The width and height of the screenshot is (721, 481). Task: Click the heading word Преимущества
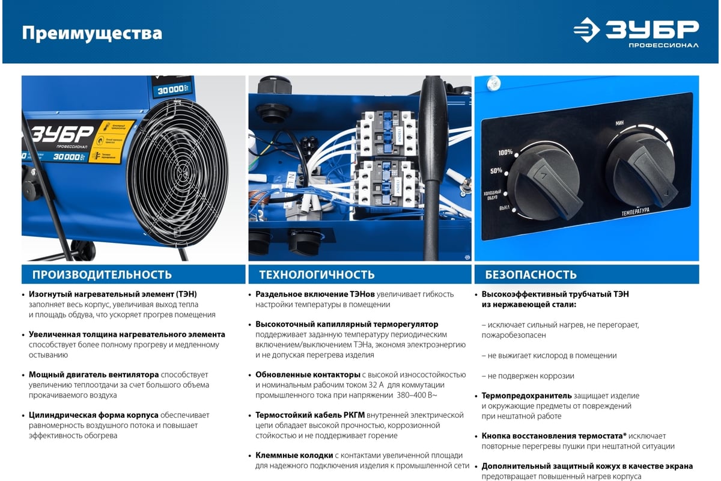[x=92, y=34]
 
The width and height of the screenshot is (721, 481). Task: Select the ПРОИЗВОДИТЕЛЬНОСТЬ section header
[x=102, y=275]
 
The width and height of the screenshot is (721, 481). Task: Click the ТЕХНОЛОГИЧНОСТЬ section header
[x=317, y=275]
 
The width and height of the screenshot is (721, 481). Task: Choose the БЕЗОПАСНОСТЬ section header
[x=531, y=275]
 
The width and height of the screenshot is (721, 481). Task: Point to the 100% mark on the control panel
[x=505, y=152]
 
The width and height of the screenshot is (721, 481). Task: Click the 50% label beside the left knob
[x=496, y=171]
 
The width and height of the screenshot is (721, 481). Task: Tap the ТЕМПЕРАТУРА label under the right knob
[x=635, y=212]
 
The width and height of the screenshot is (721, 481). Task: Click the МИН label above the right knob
[x=619, y=123]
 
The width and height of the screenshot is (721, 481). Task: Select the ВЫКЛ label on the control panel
[x=504, y=208]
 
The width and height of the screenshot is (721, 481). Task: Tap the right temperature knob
[x=642, y=169]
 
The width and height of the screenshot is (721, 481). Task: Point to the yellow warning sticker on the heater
[x=111, y=142]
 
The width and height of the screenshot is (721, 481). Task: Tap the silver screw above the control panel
[x=493, y=84]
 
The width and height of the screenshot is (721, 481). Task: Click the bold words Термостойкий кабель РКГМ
[x=310, y=415]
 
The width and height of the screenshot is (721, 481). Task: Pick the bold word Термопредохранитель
[x=526, y=396]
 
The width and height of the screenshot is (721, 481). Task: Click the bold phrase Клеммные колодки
[x=294, y=455]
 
